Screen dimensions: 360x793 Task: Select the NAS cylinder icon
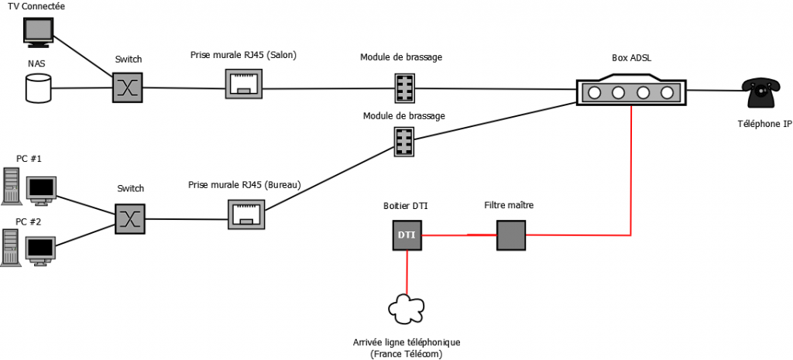click(37, 88)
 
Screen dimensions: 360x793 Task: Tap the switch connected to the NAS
click(125, 87)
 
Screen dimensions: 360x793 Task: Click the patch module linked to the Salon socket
click(403, 87)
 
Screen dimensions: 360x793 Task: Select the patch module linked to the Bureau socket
click(403, 142)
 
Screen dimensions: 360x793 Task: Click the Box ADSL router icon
click(631, 91)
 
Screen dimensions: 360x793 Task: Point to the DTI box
click(407, 234)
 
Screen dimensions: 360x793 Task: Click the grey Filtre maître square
click(511, 234)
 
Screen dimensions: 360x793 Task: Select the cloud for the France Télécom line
click(407, 310)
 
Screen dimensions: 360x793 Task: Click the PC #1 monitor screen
click(42, 188)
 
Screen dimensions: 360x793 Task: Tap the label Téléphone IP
click(759, 123)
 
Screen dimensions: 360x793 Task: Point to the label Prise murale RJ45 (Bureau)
click(245, 186)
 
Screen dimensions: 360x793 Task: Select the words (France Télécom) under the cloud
click(407, 353)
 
